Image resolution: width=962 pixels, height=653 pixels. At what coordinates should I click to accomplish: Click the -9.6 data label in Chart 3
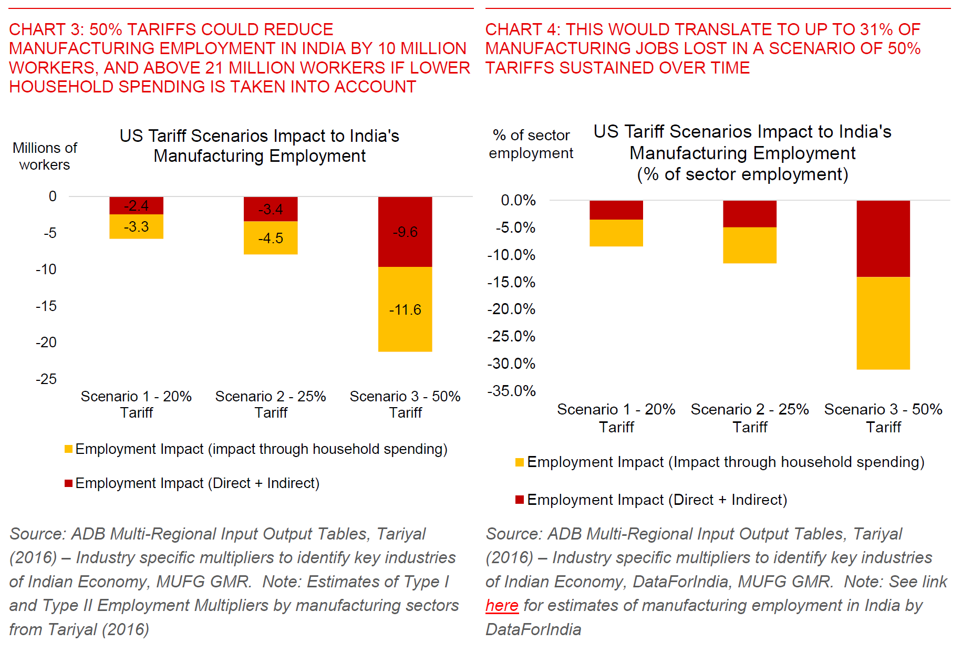[x=405, y=232]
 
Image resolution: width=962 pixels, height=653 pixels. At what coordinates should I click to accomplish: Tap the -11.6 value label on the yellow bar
[x=405, y=309]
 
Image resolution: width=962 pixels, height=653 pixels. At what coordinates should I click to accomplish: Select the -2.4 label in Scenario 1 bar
[x=136, y=205]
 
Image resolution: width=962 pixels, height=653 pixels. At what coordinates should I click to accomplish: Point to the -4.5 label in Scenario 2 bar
[x=271, y=238]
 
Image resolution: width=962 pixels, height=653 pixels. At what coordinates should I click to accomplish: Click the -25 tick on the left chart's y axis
[x=46, y=379]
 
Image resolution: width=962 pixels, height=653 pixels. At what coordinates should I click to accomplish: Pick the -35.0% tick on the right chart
[x=511, y=391]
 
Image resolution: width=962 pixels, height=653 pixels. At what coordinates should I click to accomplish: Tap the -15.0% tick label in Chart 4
[x=511, y=282]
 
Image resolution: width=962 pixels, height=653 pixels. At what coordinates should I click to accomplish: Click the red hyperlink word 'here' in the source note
[x=502, y=605]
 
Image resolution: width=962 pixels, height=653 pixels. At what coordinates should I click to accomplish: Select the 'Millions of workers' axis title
[x=45, y=156]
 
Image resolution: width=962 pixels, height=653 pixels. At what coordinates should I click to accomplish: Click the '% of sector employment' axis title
[x=531, y=144]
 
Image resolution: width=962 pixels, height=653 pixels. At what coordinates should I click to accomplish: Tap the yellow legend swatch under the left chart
[x=68, y=449]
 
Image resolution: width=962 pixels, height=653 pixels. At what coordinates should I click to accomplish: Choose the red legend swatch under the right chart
[x=520, y=500]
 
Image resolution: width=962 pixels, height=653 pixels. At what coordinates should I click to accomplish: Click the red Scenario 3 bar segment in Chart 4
[x=883, y=239]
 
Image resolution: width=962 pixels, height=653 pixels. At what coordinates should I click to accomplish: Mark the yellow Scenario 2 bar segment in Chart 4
[x=749, y=245]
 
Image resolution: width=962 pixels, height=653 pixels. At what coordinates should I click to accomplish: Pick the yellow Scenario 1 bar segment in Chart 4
[x=616, y=233]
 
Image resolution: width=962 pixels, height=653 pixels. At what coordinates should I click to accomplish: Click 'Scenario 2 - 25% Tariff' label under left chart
[x=271, y=404]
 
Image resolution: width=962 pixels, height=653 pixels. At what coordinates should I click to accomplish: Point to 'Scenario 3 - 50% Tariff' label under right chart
[x=883, y=418]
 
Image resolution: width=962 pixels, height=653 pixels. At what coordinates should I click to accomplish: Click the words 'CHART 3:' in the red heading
[x=46, y=29]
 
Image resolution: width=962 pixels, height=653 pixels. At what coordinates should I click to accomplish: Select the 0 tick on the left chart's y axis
[x=53, y=196]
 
